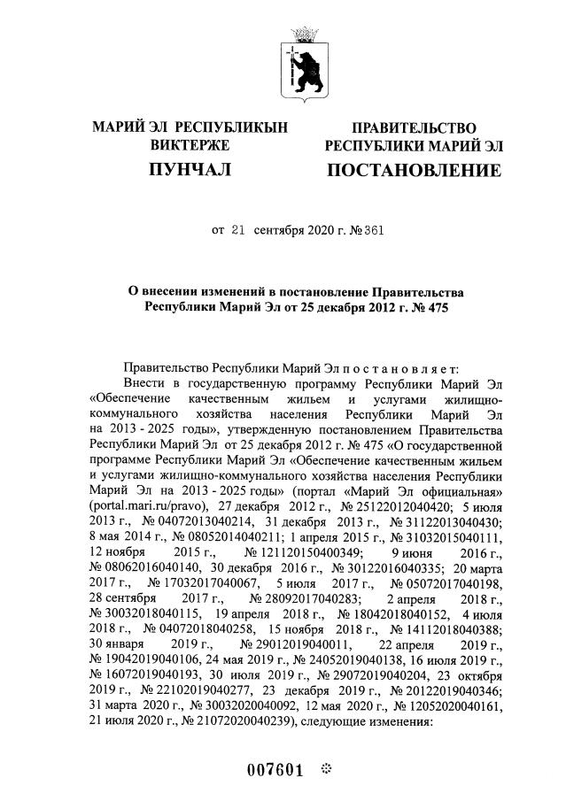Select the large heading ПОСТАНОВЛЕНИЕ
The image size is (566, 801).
tap(414, 169)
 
